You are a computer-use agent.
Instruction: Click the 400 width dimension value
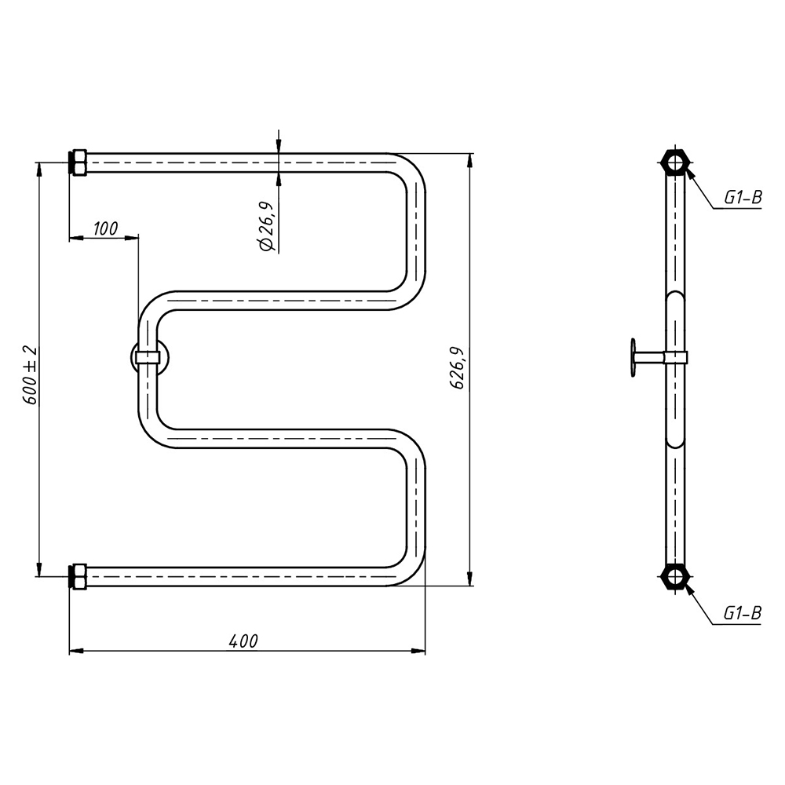243,641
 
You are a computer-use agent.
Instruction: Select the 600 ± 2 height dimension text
31,375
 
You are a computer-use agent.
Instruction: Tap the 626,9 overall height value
458,367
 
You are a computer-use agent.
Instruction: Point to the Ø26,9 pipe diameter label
266,226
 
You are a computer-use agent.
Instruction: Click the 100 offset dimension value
105,228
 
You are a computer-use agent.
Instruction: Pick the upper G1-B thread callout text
743,198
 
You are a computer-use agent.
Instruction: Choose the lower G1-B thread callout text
743,613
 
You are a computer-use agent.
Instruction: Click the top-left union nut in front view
78,162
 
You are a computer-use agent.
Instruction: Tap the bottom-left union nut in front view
78,576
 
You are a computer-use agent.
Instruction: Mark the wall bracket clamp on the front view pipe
148,357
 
